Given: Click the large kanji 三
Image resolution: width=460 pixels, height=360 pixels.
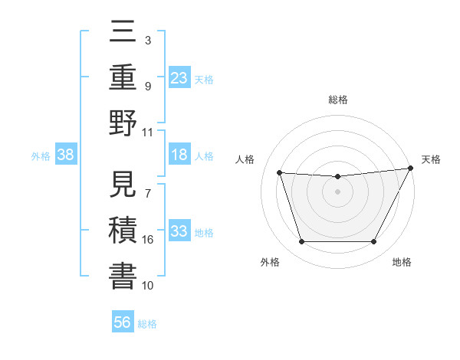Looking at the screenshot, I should [123, 35].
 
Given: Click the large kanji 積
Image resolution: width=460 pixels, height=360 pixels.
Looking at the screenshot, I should [123, 231].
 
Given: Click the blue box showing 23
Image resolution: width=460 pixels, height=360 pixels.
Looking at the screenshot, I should [179, 77].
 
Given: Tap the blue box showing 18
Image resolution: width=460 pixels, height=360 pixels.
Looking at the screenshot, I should [179, 155].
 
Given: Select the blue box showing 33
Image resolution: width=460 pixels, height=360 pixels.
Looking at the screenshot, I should [179, 232].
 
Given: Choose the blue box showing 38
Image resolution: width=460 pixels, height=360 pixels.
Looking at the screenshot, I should [66, 155].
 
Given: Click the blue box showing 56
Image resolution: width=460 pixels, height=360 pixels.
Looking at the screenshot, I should [123, 322].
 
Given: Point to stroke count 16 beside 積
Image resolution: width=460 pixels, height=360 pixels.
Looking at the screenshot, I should [148, 240].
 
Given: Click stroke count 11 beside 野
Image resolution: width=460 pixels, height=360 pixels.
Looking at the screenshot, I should [148, 132].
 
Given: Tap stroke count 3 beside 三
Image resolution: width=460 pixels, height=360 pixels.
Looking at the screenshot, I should [147, 40].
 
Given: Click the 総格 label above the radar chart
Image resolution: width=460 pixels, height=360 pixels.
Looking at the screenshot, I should [337, 100].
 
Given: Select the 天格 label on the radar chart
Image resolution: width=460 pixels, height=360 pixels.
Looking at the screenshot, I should [431, 159].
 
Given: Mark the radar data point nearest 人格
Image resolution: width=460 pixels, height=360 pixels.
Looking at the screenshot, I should [280, 173].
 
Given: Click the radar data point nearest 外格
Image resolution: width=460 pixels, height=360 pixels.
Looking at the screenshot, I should [301, 242].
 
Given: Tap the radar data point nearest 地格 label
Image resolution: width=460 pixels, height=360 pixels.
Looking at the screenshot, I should [374, 242].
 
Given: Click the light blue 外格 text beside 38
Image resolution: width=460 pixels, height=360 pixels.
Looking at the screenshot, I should [41, 156].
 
